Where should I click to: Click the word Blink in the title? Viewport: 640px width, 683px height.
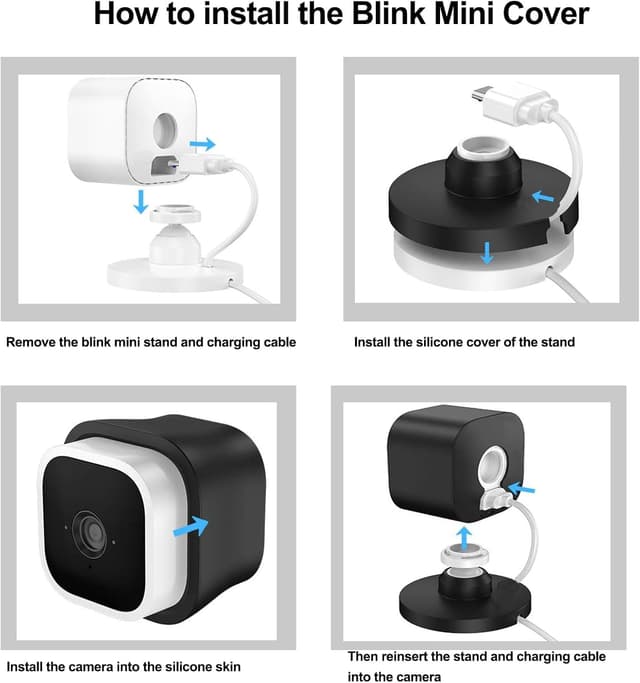(388, 14)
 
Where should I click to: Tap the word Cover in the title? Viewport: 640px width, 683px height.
(546, 14)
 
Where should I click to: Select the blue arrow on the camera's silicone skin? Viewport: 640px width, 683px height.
(191, 526)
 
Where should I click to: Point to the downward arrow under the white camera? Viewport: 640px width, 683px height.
(140, 201)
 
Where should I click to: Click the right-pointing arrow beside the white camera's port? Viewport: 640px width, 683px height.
(203, 144)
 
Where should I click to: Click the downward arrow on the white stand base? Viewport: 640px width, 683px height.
(487, 253)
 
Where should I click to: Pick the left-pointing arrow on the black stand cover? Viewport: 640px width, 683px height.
(543, 197)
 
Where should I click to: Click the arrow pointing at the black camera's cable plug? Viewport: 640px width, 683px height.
(521, 489)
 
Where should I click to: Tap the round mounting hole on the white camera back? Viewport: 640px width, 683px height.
(165, 130)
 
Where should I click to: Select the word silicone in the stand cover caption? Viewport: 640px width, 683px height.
(440, 342)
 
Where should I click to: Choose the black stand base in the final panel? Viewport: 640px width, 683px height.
(464, 600)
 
